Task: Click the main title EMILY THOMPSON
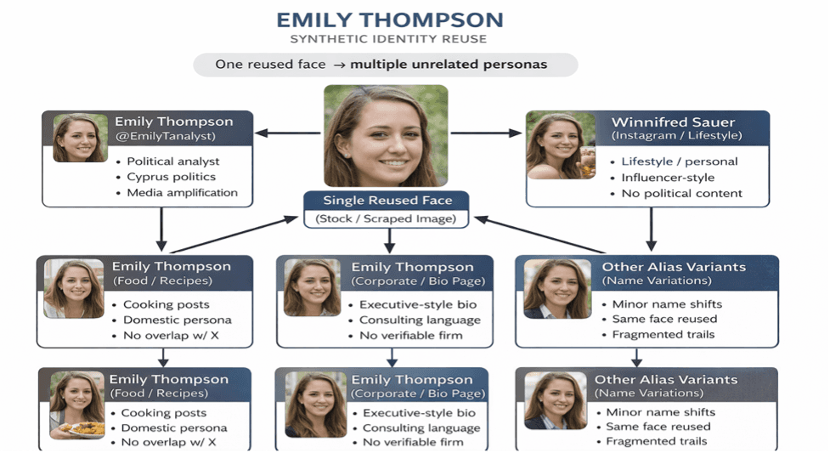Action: [x=390, y=20]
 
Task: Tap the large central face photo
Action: [x=385, y=135]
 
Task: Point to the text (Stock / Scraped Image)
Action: [x=387, y=219]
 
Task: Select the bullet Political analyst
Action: [x=172, y=161]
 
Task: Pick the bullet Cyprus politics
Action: [x=171, y=177]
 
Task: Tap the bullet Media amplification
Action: [x=182, y=193]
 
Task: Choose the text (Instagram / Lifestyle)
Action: [x=676, y=136]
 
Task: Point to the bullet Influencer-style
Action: [x=667, y=178]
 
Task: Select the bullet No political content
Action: [x=681, y=193]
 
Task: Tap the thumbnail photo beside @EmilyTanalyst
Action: [x=81, y=138]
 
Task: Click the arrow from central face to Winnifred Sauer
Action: [x=484, y=133]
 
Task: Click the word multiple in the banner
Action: [x=379, y=65]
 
